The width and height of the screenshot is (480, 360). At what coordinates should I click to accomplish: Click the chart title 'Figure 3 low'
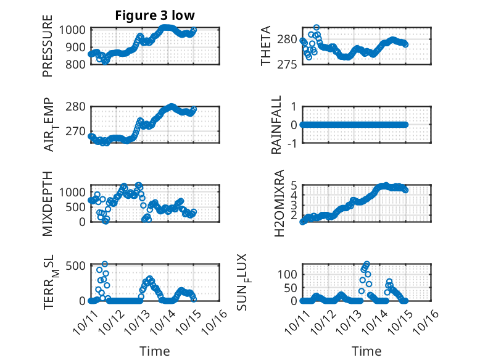click(x=155, y=15)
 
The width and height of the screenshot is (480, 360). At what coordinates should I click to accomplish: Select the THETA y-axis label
click(x=266, y=46)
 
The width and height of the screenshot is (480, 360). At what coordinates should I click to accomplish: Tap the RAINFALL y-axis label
click(x=277, y=125)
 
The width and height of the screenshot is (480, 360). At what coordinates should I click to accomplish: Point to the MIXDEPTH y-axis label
click(x=48, y=204)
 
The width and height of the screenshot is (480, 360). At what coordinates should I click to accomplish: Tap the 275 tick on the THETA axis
click(x=289, y=64)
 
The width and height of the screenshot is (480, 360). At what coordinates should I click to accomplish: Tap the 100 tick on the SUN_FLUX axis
click(x=289, y=274)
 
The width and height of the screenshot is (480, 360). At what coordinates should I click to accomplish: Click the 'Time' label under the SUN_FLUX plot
click(x=366, y=351)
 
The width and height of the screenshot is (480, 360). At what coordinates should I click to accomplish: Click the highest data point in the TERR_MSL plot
click(x=104, y=264)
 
